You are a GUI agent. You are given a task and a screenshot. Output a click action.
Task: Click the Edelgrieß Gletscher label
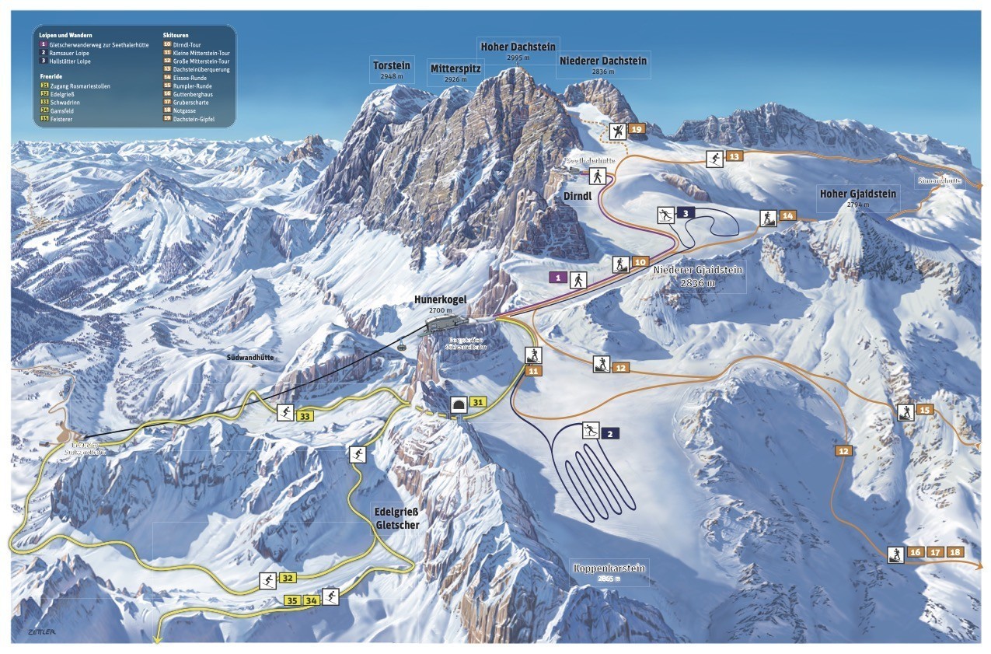pyautogui.click(x=397, y=519)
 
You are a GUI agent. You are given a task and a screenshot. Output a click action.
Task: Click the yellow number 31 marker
pyautogui.click(x=479, y=402)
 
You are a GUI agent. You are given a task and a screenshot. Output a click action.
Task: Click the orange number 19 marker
pyautogui.click(x=637, y=129)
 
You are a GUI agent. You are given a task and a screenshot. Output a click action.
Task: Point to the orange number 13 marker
pyautogui.click(x=735, y=157)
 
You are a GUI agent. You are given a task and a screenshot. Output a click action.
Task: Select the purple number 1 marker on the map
pyautogui.click(x=557, y=277)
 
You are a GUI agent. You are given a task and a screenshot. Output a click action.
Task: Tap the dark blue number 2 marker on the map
pyautogui.click(x=611, y=433)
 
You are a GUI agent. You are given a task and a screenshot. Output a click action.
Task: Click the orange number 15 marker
pyautogui.click(x=924, y=410)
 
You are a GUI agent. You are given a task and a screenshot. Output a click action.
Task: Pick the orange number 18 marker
pyautogui.click(x=955, y=552)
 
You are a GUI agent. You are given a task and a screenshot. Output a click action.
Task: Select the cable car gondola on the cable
pyautogui.click(x=401, y=346)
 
